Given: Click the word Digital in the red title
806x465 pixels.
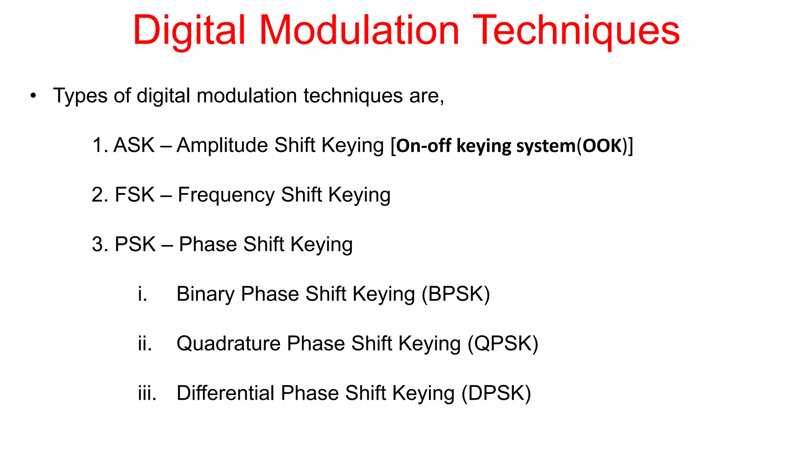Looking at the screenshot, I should [x=189, y=31].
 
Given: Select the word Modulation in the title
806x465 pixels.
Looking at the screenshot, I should [x=359, y=31].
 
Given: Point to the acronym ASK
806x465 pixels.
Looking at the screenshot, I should [x=134, y=145].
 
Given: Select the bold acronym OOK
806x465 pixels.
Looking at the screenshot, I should [x=602, y=146].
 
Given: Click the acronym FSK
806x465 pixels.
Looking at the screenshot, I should [x=135, y=195].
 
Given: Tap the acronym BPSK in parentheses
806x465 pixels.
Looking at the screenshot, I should [x=456, y=294].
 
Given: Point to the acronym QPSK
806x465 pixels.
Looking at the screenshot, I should [x=503, y=344].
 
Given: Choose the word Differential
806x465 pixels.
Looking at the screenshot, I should [x=225, y=393].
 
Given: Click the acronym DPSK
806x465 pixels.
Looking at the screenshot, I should [x=496, y=393].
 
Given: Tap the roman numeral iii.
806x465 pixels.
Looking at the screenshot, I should [x=147, y=393].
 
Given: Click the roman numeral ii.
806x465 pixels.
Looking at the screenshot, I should [x=144, y=344].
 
